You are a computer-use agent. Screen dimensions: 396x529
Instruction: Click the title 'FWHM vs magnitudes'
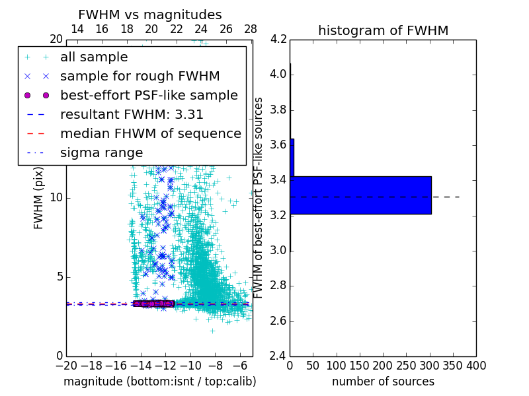point(149,15)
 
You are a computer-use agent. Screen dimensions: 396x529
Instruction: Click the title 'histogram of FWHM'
point(383,30)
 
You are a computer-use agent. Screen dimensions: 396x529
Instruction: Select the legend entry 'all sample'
point(94,57)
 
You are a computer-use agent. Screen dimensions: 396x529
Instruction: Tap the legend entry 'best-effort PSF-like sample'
point(149,95)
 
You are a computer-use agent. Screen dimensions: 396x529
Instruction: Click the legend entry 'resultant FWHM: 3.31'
point(132,114)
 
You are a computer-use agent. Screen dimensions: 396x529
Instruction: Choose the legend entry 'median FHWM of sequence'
point(150,133)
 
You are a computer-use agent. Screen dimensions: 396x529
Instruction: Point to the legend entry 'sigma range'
point(101,152)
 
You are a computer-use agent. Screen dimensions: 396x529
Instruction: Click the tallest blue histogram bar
point(361,195)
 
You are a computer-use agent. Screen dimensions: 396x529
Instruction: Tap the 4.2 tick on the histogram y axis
point(278,39)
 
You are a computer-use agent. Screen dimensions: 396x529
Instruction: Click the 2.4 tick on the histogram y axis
point(278,356)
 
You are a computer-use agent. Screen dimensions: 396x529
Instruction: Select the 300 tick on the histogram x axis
point(430,365)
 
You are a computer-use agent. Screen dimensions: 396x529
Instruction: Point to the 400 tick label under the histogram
point(476,365)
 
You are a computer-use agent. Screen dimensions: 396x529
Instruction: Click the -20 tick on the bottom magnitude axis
point(66,365)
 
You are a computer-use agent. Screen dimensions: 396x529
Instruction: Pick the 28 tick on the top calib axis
point(251,29)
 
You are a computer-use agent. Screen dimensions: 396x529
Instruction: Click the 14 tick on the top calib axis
point(77,29)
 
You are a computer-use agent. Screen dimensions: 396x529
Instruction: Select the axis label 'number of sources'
point(383,381)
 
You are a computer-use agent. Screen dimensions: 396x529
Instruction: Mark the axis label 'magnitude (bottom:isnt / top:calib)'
point(159,381)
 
